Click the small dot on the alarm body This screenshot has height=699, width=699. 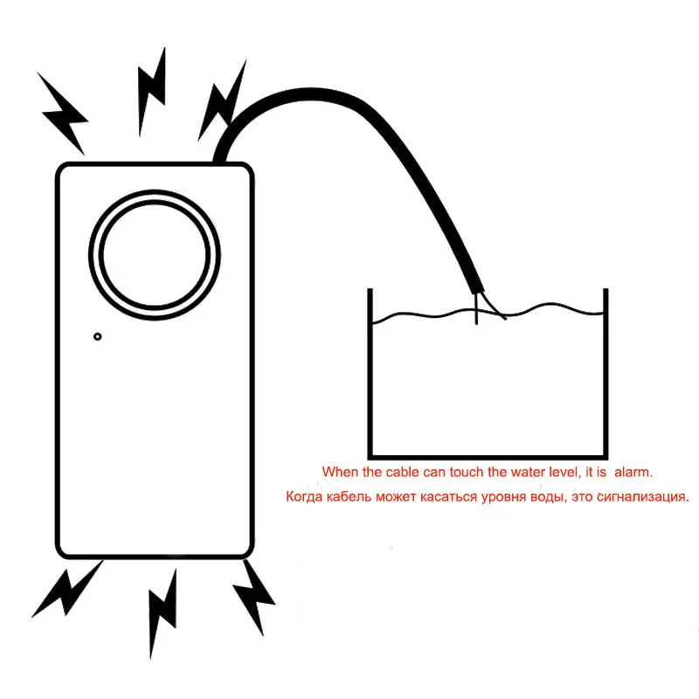click(97, 336)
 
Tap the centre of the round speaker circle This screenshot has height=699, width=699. click(155, 254)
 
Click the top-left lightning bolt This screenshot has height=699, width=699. click(63, 114)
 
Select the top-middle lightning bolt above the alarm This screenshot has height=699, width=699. click(152, 92)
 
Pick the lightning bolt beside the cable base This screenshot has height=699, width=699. click(222, 101)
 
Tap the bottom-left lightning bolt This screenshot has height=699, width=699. click(67, 589)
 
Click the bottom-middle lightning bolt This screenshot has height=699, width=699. click(163, 613)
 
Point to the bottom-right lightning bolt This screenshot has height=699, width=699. click(254, 598)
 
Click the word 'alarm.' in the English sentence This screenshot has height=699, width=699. click(633, 472)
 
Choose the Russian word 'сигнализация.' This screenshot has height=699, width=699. click(643, 496)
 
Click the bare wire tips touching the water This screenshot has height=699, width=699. click(489, 308)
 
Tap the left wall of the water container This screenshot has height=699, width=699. click(370, 374)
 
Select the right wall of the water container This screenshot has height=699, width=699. click(606, 374)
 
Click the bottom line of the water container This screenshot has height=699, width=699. click(488, 457)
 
